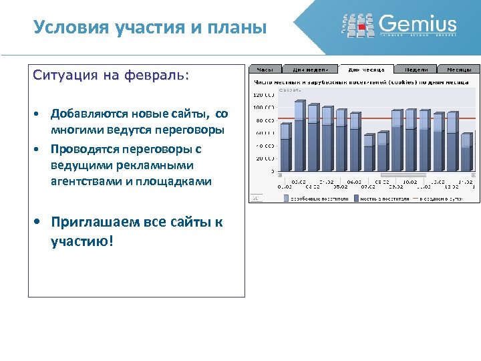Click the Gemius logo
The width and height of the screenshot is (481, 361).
pyautogui.click(x=399, y=25)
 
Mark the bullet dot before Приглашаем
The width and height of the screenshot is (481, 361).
pyautogui.click(x=39, y=223)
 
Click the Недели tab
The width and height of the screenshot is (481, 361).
pyautogui.click(x=416, y=69)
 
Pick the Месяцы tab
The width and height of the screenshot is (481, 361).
pyautogui.click(x=459, y=69)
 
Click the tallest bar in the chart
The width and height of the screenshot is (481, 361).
pyautogui.click(x=299, y=136)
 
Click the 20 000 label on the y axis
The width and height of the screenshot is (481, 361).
pyautogui.click(x=264, y=158)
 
